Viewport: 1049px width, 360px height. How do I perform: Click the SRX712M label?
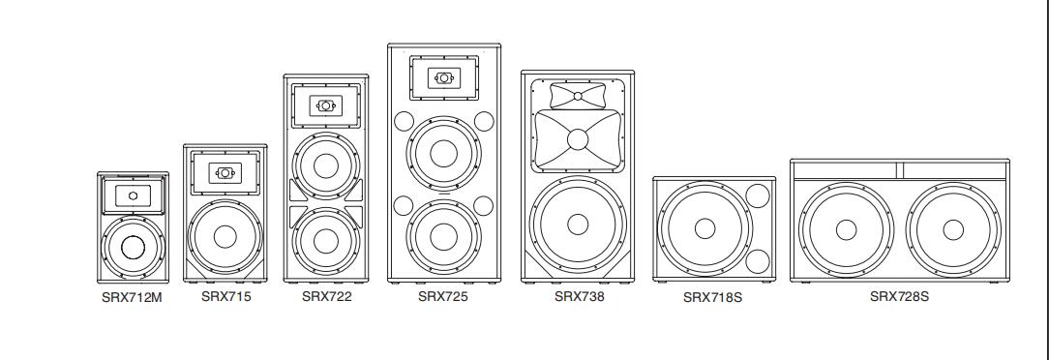[132, 298]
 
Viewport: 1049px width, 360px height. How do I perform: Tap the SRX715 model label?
[226, 296]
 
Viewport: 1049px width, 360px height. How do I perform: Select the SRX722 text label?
[326, 296]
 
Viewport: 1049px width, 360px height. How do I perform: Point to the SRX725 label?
[443, 296]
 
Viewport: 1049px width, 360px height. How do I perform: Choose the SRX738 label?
[580, 296]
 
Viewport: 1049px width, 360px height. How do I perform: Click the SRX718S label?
[712, 298]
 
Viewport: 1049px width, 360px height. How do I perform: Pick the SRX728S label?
[899, 296]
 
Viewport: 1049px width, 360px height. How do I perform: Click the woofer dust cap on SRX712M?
[134, 247]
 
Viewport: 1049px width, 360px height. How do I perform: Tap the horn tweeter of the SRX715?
[225, 172]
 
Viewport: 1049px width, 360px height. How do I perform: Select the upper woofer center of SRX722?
[326, 165]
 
